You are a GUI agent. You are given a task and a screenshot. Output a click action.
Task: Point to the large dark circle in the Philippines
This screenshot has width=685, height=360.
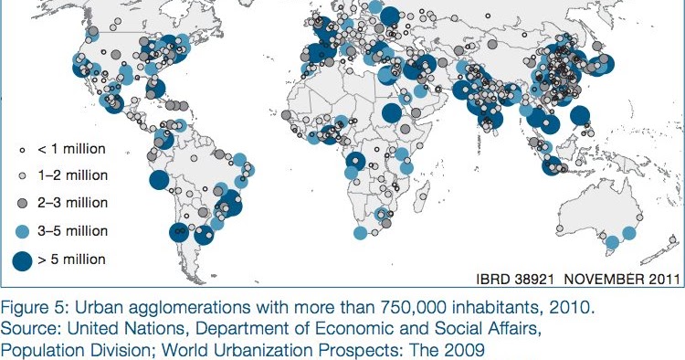point(578,116)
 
